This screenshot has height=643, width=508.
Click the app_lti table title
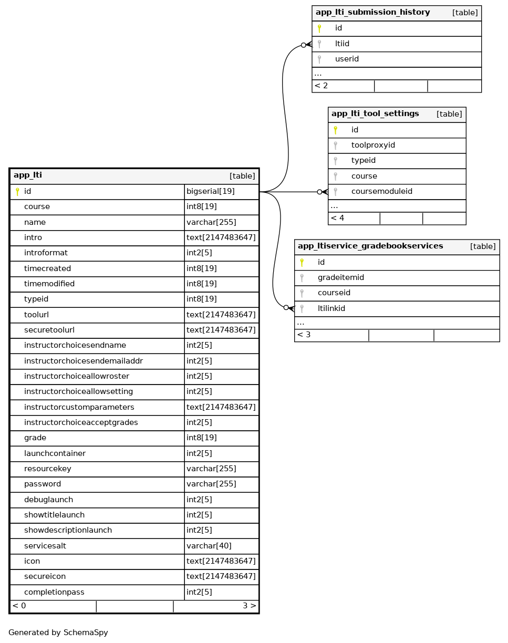(28, 175)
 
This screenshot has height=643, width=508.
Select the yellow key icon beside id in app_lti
(17, 192)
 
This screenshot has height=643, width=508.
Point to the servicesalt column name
(45, 546)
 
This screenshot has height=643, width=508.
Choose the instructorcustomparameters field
(79, 407)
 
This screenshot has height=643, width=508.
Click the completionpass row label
(54, 592)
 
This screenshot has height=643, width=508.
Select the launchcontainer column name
(55, 453)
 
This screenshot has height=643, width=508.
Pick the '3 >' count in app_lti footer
(249, 606)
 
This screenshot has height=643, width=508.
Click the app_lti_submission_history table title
(372, 13)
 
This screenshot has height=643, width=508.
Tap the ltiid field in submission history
(342, 44)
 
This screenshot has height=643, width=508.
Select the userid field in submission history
(347, 59)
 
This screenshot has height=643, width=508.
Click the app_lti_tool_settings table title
(375, 113)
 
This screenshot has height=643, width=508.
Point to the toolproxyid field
(373, 145)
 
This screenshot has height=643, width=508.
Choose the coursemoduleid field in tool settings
(381, 191)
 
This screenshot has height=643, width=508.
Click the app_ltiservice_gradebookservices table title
(370, 246)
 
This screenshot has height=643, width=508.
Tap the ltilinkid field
(331, 308)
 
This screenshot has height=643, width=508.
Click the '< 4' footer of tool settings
(337, 218)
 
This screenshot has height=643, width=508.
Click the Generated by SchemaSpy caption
(58, 632)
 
